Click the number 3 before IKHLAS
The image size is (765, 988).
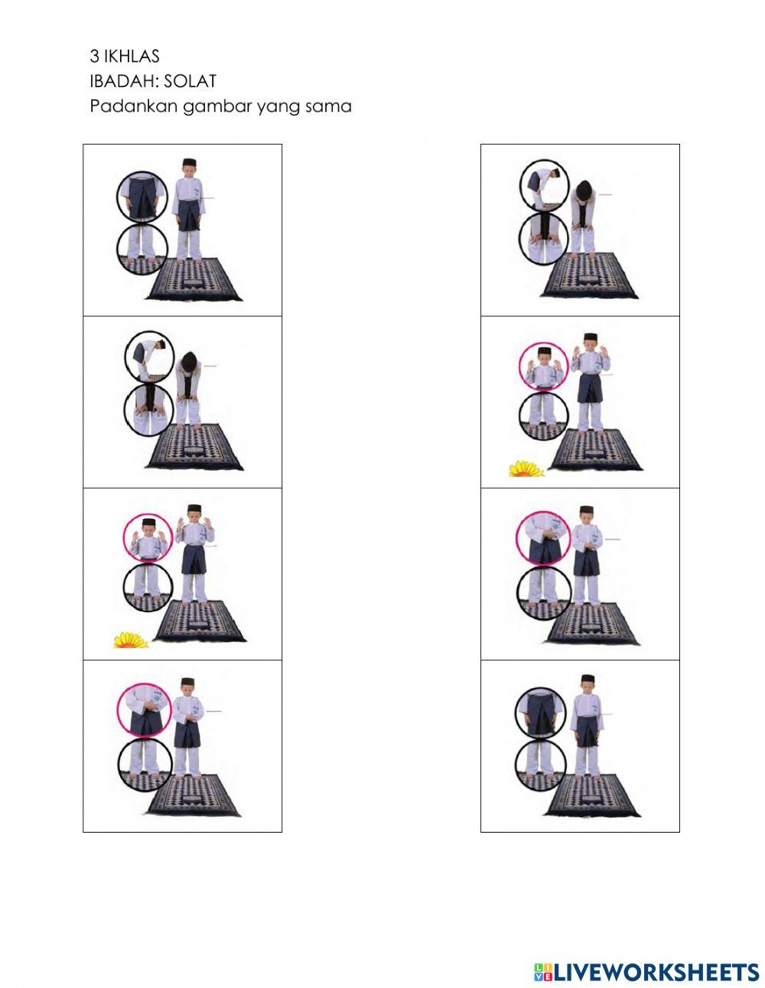pyautogui.click(x=94, y=56)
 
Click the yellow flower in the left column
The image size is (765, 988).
pyautogui.click(x=130, y=640)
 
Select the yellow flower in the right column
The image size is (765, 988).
pyautogui.click(x=526, y=468)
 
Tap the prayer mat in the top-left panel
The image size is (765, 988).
pyautogui.click(x=194, y=280)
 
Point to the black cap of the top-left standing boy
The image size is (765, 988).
pyautogui.click(x=190, y=163)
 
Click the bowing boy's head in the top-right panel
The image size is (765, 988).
pyautogui.click(x=584, y=190)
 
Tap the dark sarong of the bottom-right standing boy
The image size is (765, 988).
pyautogui.click(x=587, y=731)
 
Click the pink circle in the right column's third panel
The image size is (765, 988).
pyautogui.click(x=542, y=538)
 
